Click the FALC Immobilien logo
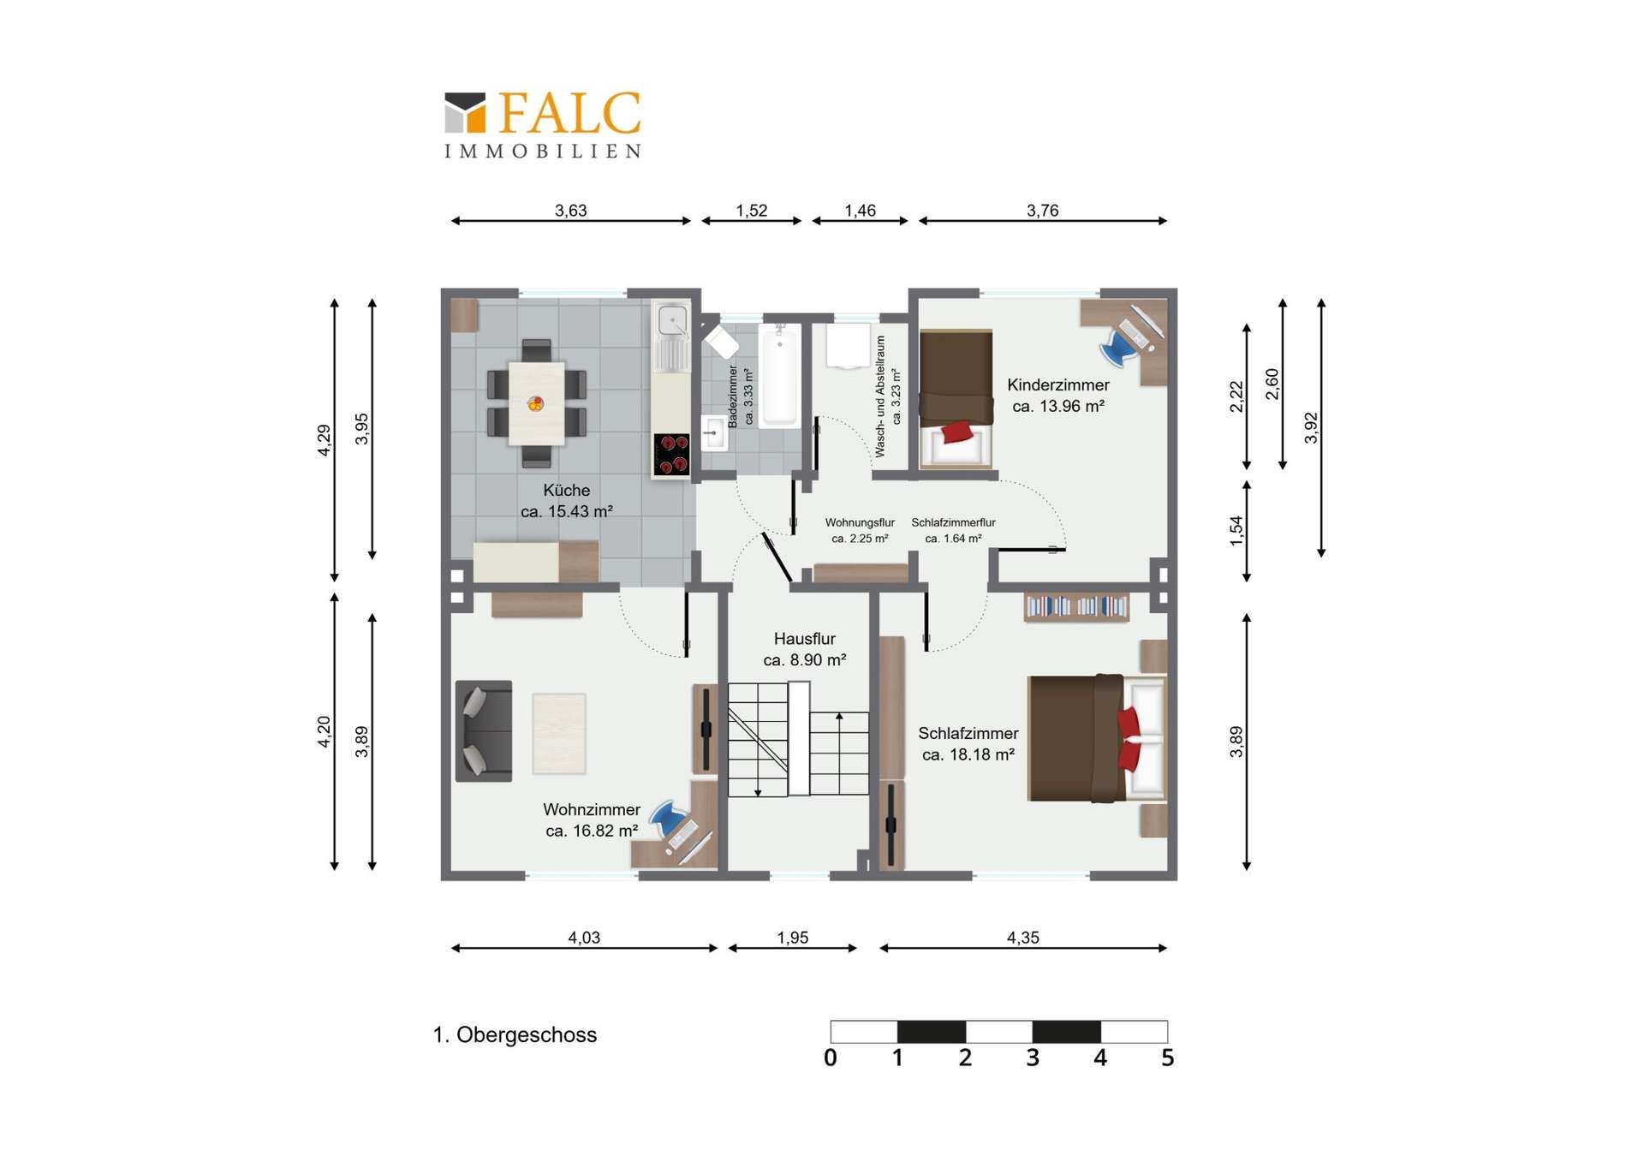[x=542, y=124]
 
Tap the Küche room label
[x=566, y=491]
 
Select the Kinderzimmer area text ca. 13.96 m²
[x=1057, y=407]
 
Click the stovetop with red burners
[x=671, y=454]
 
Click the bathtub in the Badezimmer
[x=779, y=377]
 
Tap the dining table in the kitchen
[x=536, y=403]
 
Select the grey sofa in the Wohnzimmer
[x=483, y=730]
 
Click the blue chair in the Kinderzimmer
[x=1117, y=348]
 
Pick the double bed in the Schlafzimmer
[x=1096, y=738]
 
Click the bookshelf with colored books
[x=1076, y=607]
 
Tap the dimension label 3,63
[x=570, y=211]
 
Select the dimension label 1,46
[x=860, y=211]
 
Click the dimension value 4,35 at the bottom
[x=1022, y=938]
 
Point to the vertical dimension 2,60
[x=1272, y=384]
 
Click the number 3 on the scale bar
[x=1033, y=1058]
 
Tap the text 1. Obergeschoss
[x=515, y=1034]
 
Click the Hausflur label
[x=804, y=639]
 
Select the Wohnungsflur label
[x=860, y=522]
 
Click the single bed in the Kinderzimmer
[x=956, y=400]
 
